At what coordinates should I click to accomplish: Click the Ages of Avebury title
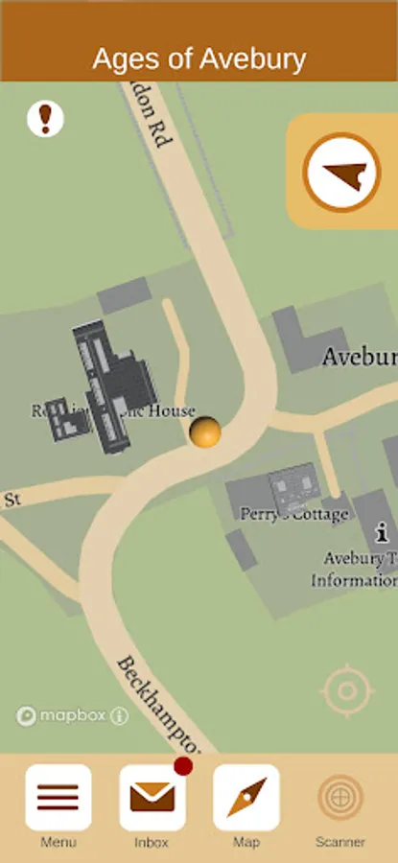[x=199, y=59]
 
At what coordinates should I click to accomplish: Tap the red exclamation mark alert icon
[x=45, y=119]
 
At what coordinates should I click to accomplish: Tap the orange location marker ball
[x=205, y=432]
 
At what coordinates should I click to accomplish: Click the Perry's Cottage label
[x=294, y=515]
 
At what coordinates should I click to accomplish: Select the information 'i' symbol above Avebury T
[x=382, y=530]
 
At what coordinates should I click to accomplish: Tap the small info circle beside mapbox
[x=119, y=715]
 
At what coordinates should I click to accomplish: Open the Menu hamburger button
[x=59, y=798]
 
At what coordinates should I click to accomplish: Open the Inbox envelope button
[x=152, y=798]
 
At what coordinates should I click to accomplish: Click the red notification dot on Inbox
[x=183, y=766]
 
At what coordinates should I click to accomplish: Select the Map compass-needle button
[x=246, y=798]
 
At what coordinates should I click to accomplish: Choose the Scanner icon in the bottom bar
[x=340, y=798]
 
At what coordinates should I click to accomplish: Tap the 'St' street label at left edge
[x=12, y=500]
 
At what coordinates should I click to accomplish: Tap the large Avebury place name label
[x=359, y=358]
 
